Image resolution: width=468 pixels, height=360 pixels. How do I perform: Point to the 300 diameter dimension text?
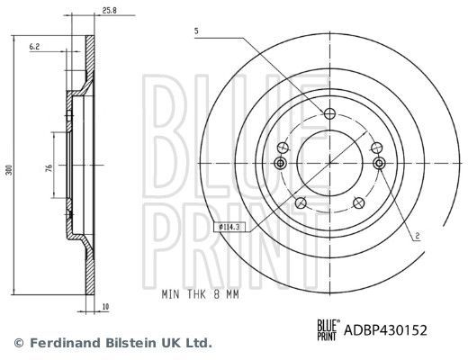pyautogui.click(x=9, y=169)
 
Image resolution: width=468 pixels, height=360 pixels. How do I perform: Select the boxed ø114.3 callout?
pyautogui.click(x=232, y=226)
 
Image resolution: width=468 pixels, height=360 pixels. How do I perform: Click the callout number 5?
pyautogui.click(x=194, y=33)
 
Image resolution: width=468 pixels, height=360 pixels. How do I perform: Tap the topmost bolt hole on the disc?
pyautogui.click(x=329, y=113)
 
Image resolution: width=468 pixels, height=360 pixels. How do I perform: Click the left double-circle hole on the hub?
pyautogui.click(x=280, y=163)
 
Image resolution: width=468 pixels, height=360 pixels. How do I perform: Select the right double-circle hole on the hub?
pyautogui.click(x=378, y=163)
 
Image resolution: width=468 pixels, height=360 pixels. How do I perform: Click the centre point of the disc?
pyautogui.click(x=329, y=162)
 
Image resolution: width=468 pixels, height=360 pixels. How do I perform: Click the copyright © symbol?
pyautogui.click(x=19, y=343)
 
